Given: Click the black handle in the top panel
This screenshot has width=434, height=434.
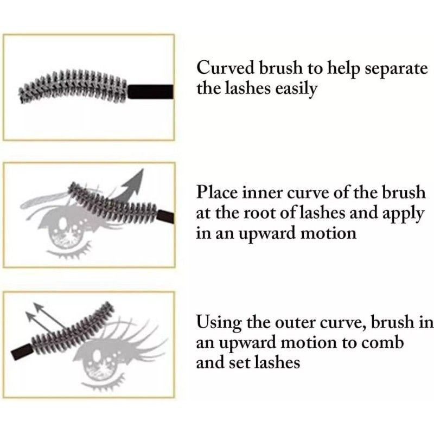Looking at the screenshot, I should [150, 90].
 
